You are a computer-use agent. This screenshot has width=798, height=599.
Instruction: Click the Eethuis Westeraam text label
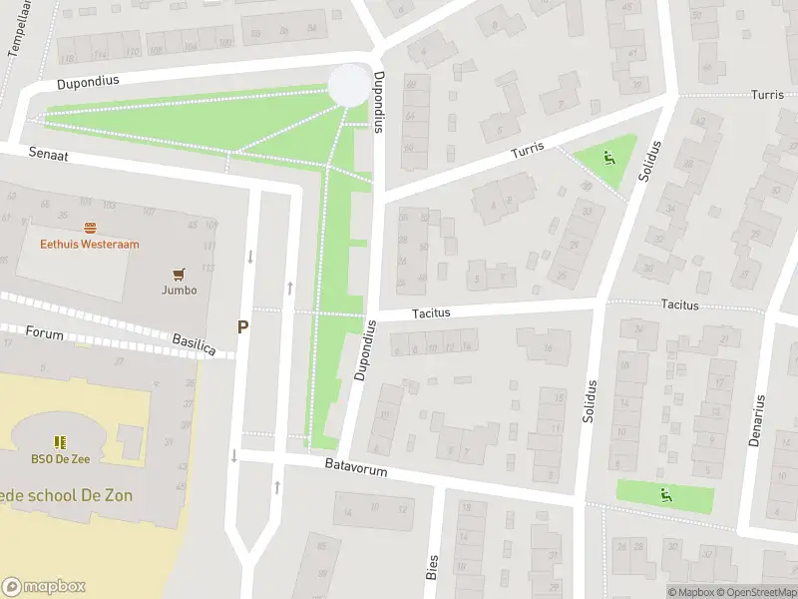tap(90, 244)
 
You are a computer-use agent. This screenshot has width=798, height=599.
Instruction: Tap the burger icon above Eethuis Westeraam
tap(90, 228)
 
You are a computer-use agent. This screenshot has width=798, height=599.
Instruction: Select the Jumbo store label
tap(180, 291)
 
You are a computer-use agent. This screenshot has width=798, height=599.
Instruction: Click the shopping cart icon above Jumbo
tap(180, 275)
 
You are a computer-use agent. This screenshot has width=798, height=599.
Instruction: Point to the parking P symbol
tap(241, 326)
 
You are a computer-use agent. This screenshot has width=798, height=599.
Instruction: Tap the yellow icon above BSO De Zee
tap(59, 441)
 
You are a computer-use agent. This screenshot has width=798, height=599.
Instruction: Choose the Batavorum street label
tap(355, 467)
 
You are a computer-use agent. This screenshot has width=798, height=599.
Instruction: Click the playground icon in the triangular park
tap(608, 157)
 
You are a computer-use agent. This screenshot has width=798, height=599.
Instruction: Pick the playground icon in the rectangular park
tap(664, 493)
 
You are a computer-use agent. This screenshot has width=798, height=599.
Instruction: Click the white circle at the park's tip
tap(348, 84)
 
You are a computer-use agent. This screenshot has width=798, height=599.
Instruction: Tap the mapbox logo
tap(44, 586)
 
